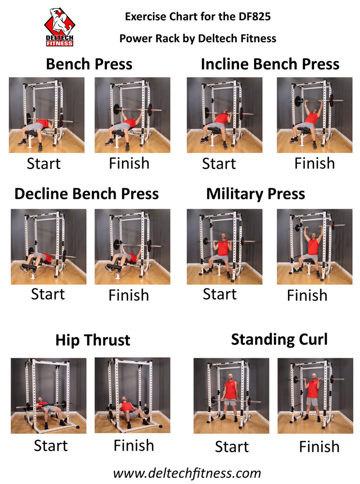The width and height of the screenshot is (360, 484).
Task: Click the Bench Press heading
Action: point(89,64)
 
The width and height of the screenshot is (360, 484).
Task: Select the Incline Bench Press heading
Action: point(270,64)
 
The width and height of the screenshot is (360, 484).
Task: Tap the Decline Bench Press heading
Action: point(87,194)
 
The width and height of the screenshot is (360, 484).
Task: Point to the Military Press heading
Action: point(255,194)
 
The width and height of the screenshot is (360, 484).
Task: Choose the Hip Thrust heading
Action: point(92,340)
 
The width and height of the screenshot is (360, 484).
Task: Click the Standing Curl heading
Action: point(279,339)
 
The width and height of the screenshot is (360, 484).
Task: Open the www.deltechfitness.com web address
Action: point(187,472)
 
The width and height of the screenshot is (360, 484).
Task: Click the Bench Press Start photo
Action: point(47,115)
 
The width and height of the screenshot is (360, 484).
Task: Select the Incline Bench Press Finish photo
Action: point(315,115)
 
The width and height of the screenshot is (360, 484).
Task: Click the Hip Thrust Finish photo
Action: point(132,395)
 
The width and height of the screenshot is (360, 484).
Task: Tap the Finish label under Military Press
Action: point(307,295)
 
